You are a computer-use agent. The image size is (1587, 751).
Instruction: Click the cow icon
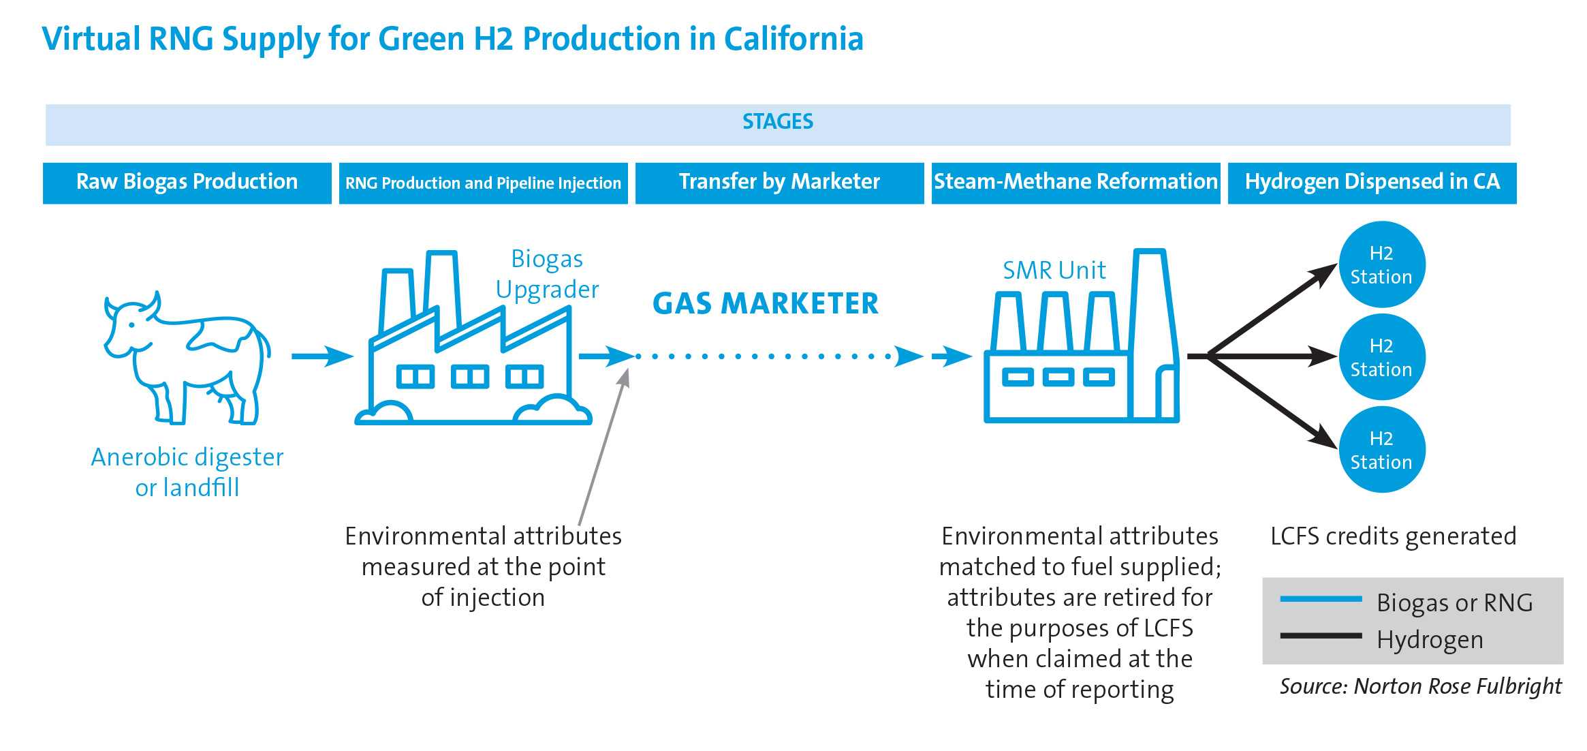[x=187, y=358]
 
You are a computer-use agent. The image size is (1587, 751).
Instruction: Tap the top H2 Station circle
[x=1382, y=264]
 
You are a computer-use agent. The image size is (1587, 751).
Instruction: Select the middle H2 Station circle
[x=1382, y=357]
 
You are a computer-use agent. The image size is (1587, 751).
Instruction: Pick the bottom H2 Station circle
[x=1382, y=450]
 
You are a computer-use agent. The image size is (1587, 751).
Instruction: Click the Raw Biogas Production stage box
[x=187, y=183]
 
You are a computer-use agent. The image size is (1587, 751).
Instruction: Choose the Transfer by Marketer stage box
[x=780, y=183]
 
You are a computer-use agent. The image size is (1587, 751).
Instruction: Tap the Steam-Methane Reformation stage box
[x=1076, y=183]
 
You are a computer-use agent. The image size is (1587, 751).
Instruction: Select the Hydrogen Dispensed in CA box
[x=1372, y=183]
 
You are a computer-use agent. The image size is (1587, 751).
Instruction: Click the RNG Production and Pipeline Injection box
[x=484, y=183]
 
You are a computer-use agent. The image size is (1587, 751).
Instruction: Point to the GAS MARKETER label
[x=766, y=304]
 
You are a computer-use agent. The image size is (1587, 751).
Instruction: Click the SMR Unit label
[x=1054, y=271]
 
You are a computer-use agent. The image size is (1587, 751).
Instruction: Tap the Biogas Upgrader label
[x=548, y=274]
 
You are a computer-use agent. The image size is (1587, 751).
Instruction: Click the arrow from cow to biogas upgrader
[x=323, y=356]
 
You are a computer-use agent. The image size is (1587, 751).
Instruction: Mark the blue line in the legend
[x=1321, y=599]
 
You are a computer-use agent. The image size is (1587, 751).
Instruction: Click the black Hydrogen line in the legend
[x=1321, y=636]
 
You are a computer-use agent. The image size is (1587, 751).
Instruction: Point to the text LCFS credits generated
[x=1394, y=536]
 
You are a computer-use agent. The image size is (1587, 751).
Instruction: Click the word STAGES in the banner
[x=778, y=122]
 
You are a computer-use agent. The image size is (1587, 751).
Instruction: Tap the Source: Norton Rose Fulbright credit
[x=1421, y=686]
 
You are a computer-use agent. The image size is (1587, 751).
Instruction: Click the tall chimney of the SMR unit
[x=1154, y=334]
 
